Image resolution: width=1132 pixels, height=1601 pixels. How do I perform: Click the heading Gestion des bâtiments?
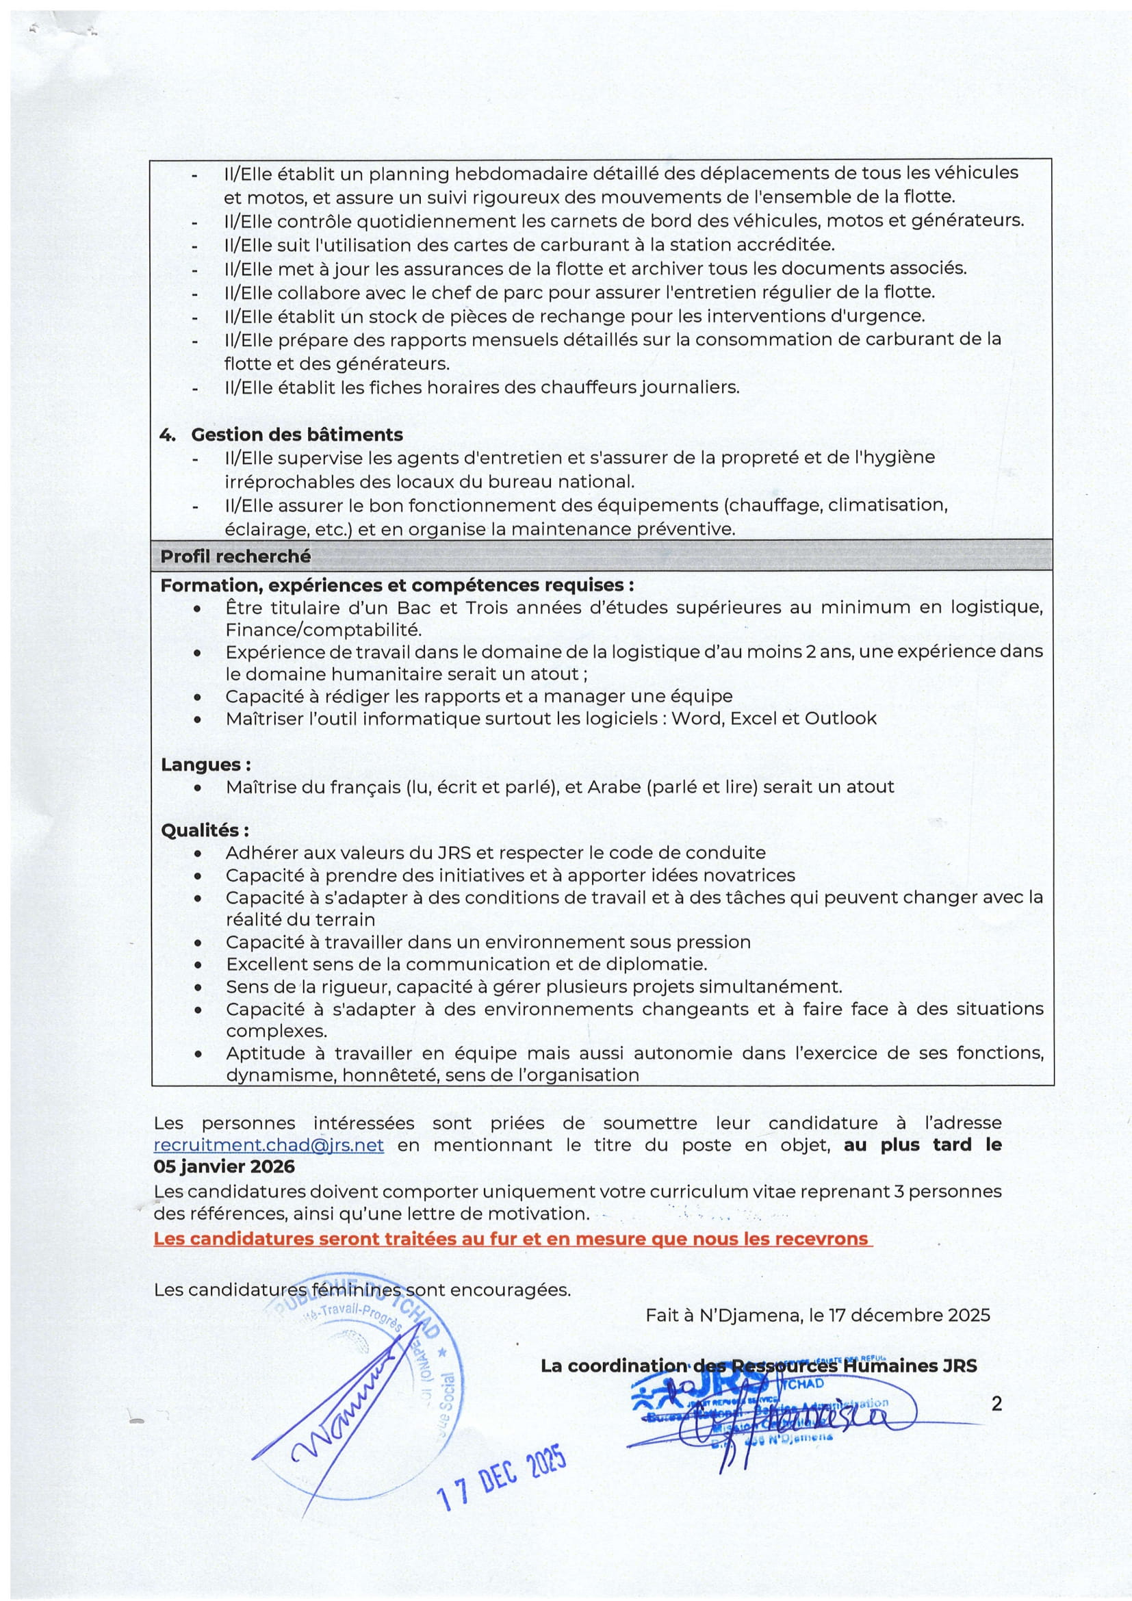click(297, 435)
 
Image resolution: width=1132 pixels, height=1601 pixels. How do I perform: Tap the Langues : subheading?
click(205, 765)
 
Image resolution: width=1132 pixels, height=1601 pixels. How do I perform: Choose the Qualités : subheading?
click(205, 830)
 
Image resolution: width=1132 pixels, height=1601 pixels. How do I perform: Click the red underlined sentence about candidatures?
click(512, 1239)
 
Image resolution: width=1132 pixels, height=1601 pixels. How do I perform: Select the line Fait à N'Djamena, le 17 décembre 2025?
click(818, 1315)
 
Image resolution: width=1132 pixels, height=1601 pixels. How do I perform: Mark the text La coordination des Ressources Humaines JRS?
click(758, 1366)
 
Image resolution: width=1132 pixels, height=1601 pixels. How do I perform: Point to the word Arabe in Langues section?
click(614, 786)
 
